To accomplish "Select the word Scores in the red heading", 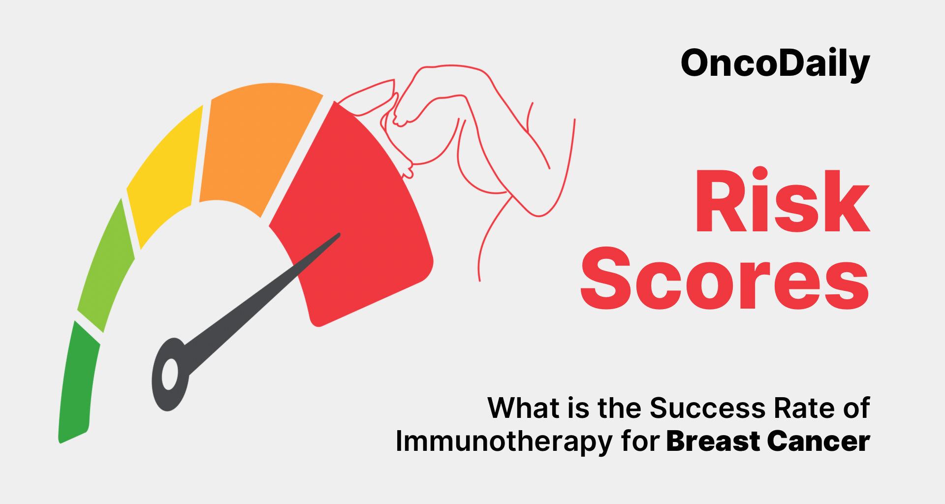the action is coord(724,278).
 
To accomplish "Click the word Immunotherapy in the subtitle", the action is coord(504,441).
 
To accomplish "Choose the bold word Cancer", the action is coord(819,441).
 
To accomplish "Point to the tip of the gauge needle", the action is coord(339,234).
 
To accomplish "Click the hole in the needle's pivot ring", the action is coord(170,374).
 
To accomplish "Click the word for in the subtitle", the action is coord(640,440).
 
